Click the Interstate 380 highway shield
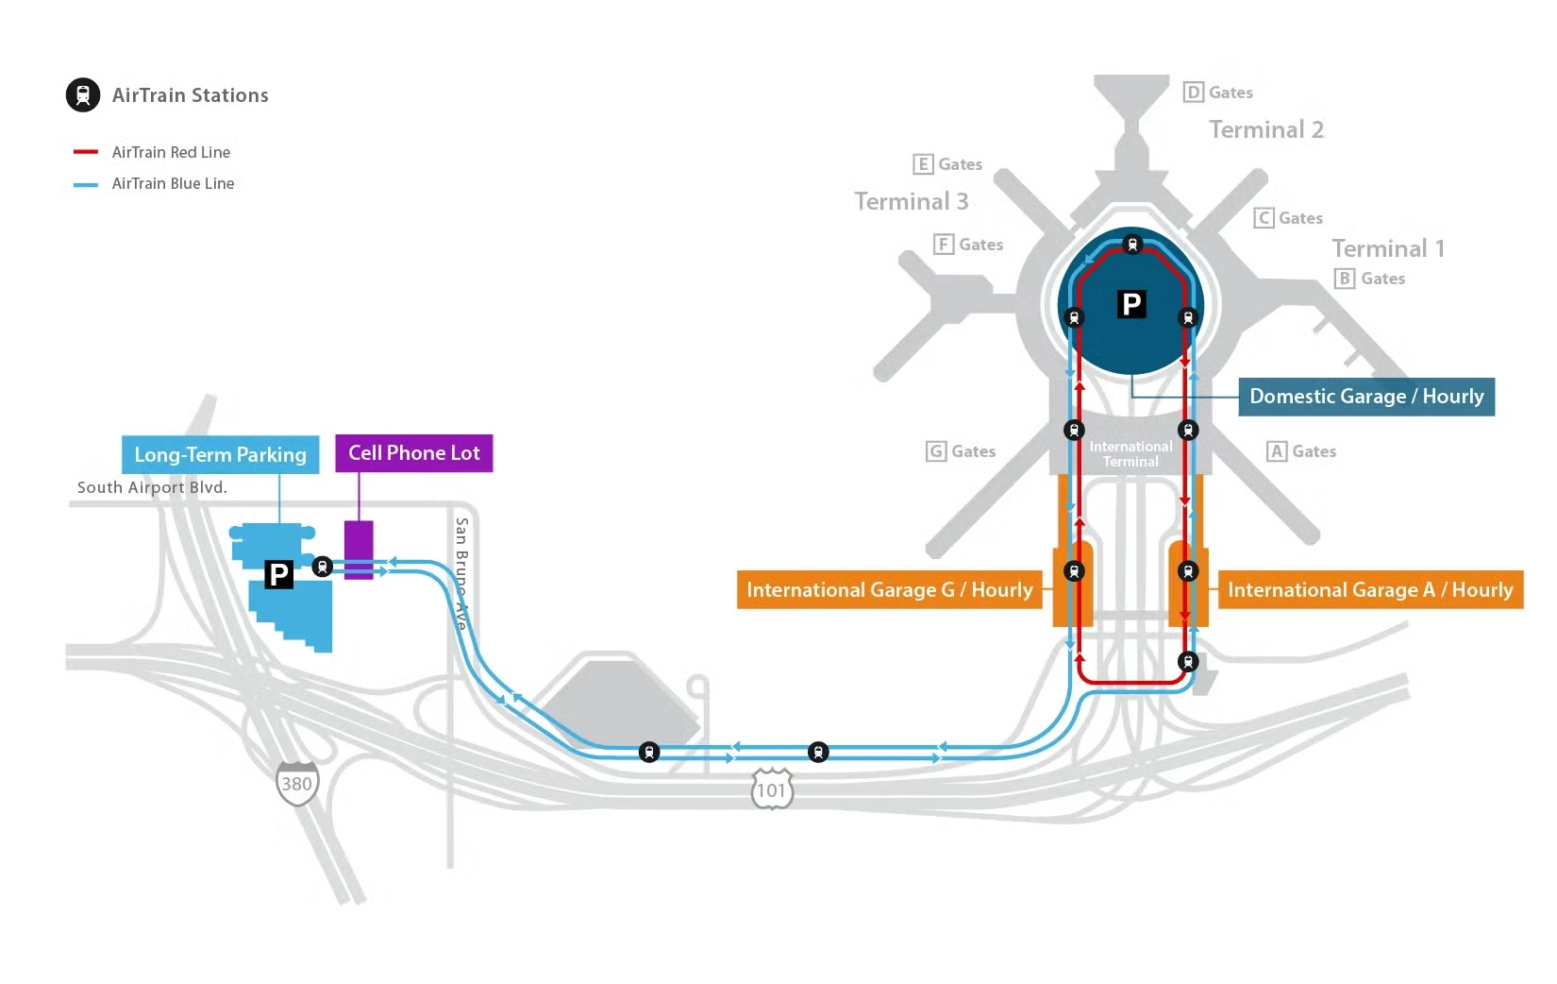pos(297,783)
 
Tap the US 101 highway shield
pos(772,789)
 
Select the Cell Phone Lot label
pos(413,453)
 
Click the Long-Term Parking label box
pos(220,454)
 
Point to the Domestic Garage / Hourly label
pos(1365,397)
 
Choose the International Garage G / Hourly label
pos(889,590)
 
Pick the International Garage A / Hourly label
pos(1369,590)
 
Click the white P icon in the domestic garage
pos(1131,304)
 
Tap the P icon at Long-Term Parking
pos(278,574)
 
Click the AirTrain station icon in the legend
pos(83,94)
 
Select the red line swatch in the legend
pos(86,152)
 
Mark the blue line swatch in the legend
pos(86,184)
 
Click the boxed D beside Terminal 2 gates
pos(1193,92)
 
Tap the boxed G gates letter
pos(936,451)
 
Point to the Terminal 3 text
pos(911,201)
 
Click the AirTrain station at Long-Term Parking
pos(323,567)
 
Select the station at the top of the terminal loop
pos(1132,245)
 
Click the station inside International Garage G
pos(1074,571)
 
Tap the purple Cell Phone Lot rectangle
pos(359,550)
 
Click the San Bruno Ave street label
pos(461,572)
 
